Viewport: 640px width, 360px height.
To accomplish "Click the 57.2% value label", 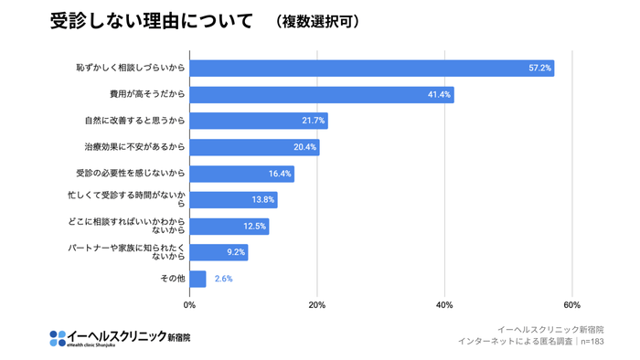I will pos(539,69).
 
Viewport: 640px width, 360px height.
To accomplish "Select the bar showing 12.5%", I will pos(229,226).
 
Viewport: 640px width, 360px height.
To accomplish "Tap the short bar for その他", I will pos(197,279).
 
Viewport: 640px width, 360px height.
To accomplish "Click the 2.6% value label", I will pos(223,279).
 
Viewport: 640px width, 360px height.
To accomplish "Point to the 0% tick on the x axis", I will pos(189,304).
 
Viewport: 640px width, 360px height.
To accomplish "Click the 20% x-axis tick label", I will pos(317,304).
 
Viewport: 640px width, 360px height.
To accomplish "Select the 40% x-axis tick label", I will pos(444,304).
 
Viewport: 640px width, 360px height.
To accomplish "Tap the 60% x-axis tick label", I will pos(572,304).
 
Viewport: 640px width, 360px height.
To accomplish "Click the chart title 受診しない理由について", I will pos(151,21).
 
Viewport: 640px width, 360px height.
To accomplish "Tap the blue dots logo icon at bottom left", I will pos(59,337).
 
